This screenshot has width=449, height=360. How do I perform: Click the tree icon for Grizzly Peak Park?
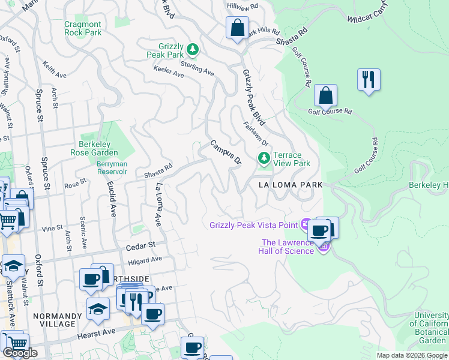click(x=192, y=49)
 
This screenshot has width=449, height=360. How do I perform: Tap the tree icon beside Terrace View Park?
click(x=263, y=158)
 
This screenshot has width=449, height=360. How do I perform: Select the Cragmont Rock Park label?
click(x=83, y=29)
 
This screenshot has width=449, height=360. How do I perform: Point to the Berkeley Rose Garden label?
click(x=98, y=148)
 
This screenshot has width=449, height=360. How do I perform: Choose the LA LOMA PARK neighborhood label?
click(x=291, y=185)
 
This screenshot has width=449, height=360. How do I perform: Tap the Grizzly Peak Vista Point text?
click(x=253, y=225)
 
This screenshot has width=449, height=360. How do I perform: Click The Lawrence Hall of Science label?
click(x=287, y=247)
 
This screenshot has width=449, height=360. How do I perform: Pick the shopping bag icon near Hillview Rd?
click(x=238, y=28)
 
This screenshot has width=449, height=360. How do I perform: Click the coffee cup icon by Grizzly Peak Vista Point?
click(x=319, y=230)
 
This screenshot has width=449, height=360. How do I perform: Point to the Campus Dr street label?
click(x=225, y=153)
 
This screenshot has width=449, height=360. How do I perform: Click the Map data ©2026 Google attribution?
click(x=412, y=355)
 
